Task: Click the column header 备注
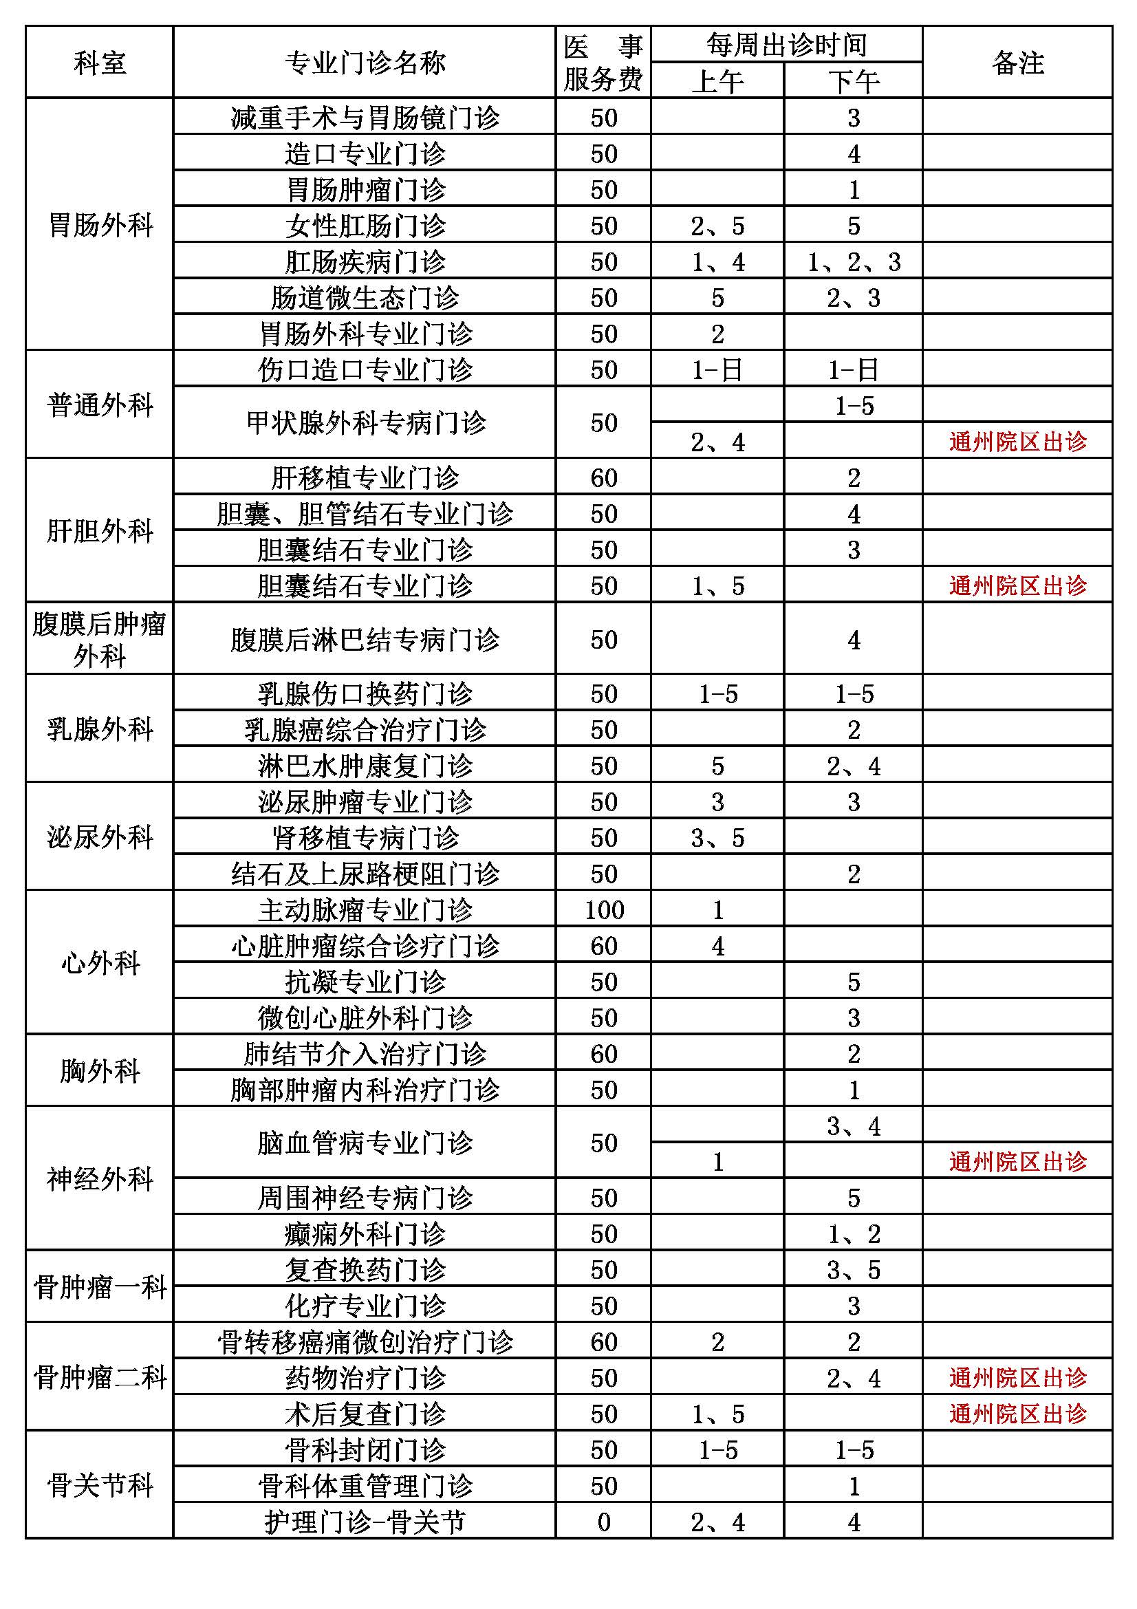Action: (1017, 63)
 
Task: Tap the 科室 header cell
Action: (100, 63)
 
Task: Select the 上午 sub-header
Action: (717, 81)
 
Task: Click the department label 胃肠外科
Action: (100, 225)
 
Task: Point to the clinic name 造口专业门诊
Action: (365, 153)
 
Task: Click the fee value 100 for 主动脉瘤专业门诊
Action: (604, 909)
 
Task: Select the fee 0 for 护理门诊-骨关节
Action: (604, 1522)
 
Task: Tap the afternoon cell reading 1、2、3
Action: (854, 261)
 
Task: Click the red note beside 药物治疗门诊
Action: (1017, 1378)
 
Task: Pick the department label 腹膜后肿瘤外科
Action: (100, 639)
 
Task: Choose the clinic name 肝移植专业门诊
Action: (365, 478)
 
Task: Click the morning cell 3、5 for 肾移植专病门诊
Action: (717, 838)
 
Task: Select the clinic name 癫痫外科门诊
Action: (365, 1233)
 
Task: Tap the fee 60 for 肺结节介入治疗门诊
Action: (604, 1053)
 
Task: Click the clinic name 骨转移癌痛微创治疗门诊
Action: (365, 1341)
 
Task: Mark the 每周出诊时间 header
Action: (786, 45)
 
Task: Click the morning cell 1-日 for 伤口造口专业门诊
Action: (717, 369)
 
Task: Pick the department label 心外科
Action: (100, 963)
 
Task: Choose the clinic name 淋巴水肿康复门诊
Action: (365, 765)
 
